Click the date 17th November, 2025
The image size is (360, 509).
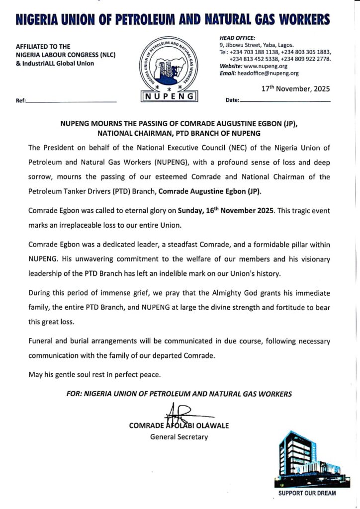pos(295,89)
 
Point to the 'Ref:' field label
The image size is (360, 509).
pos(20,100)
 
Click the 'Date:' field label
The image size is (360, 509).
pos(232,100)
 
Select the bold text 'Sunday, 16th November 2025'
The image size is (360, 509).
pos(224,211)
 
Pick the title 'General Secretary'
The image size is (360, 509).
pos(179,437)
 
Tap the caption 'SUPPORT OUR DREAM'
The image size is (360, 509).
pos(307,494)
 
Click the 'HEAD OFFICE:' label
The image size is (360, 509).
pos(237,37)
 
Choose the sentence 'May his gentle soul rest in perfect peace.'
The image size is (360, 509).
pos(94,374)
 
